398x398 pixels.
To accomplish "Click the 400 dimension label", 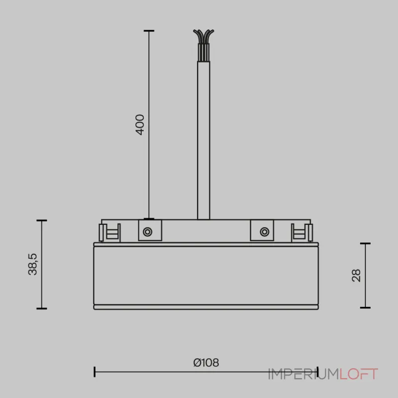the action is point(140,125).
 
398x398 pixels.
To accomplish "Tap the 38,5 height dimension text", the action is point(32,264).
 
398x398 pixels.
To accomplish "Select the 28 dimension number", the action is point(356,276).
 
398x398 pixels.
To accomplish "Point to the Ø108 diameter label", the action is point(206,363).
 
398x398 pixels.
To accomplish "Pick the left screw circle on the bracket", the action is point(147,232).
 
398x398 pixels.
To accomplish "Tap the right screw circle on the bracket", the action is point(265,232).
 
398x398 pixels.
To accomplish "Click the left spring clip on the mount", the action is point(109,233).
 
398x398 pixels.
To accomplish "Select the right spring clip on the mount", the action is point(302,233).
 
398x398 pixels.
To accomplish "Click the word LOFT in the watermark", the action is point(359,374).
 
